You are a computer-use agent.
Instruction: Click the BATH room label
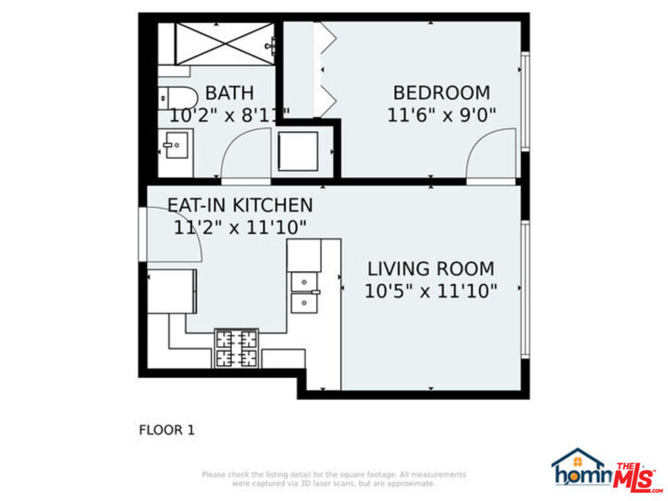coord(229,93)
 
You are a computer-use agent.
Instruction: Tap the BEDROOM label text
coord(441,93)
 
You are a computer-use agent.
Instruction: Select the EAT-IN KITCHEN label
coord(240,205)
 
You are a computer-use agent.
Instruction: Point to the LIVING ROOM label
coord(431,269)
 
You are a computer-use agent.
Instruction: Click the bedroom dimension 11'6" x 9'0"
coord(441,115)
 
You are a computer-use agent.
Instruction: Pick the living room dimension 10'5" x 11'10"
coord(431,291)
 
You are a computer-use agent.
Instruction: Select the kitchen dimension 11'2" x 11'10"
coord(240,228)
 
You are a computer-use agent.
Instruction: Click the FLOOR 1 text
coord(166,430)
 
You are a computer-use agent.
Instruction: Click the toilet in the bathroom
coord(174,97)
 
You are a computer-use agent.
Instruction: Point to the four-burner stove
coord(236,349)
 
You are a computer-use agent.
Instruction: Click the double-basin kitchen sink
coord(305,292)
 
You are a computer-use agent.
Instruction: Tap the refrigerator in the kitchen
coord(171,291)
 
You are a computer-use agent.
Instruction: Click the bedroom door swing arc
coord(490,157)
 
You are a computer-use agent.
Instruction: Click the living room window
coord(525,289)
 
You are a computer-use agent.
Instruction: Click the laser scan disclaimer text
coord(334,479)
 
